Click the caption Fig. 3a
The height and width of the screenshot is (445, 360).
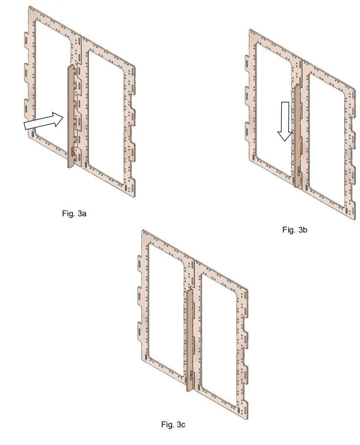pyautogui.click(x=75, y=213)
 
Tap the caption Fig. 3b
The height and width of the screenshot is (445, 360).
pyautogui.click(x=295, y=230)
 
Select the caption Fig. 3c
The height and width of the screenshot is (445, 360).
pyautogui.click(x=173, y=424)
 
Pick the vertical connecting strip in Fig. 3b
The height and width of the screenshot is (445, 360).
pyautogui.click(x=296, y=137)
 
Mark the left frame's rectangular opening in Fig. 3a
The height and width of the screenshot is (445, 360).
pyautogui.click(x=49, y=83)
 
